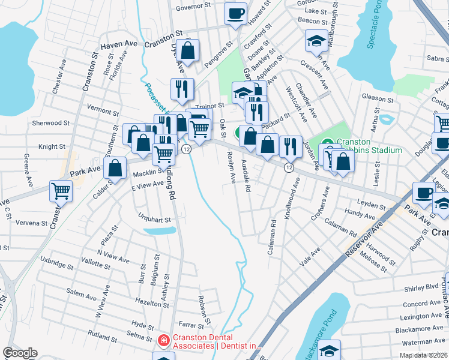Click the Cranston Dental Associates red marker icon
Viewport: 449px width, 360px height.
(x=163, y=341)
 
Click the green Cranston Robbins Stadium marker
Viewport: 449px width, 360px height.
(x=327, y=142)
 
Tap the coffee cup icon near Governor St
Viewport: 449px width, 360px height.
(x=236, y=13)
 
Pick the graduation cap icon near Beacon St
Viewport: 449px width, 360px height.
(x=316, y=40)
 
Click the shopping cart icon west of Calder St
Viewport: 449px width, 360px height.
(x=61, y=191)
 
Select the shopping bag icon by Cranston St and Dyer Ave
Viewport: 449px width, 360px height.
(x=188, y=51)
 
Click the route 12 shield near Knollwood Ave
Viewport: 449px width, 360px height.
(x=289, y=167)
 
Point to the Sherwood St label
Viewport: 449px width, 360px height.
(x=51, y=123)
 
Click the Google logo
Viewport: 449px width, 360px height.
(x=20, y=353)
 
